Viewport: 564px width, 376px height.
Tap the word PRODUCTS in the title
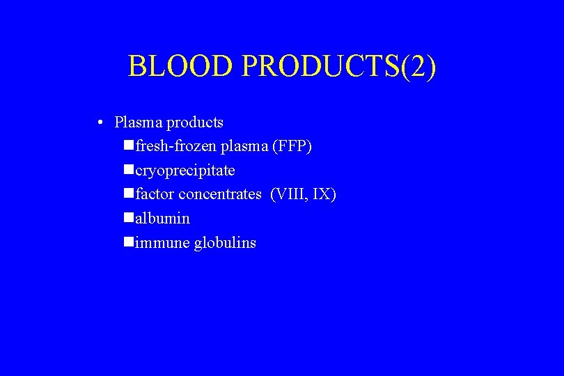tap(320, 67)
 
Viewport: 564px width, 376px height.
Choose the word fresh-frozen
tap(176, 146)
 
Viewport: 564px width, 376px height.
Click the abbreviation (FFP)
tap(292, 146)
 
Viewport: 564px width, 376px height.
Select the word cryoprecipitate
tap(185, 171)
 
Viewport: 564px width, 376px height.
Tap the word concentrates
tap(220, 194)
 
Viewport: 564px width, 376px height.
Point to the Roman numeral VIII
tap(292, 194)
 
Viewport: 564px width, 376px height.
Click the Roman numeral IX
tap(324, 194)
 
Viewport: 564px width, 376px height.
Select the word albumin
tap(163, 218)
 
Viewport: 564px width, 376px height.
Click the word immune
tap(162, 242)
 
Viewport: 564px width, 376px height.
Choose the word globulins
tap(225, 242)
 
